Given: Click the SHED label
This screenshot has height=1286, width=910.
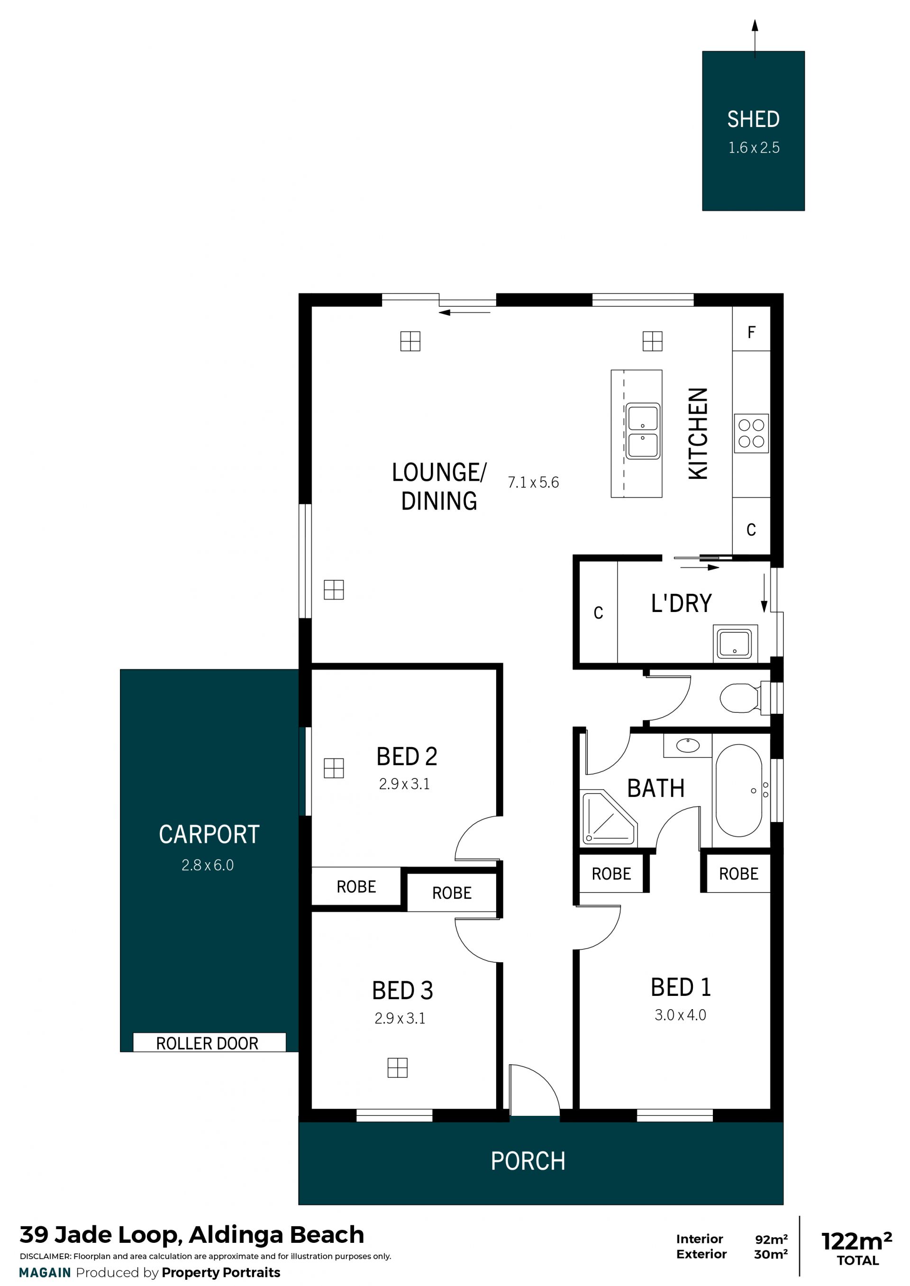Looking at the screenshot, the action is point(753,119).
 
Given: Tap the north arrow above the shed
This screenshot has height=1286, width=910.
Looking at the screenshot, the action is point(755,39).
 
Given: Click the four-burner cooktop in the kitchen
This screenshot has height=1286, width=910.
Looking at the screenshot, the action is point(751,433).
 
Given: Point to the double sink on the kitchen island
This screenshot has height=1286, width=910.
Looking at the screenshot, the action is point(643,430).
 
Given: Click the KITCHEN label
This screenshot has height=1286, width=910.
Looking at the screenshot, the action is point(698,433).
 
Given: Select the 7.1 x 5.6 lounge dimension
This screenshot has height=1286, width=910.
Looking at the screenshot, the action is point(533,483).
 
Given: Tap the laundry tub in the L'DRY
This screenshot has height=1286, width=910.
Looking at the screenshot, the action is point(735,643).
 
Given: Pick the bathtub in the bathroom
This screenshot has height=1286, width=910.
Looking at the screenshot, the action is point(739,791).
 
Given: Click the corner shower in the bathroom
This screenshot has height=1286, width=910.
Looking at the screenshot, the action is point(609,818).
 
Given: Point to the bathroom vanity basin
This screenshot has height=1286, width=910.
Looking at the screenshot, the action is point(688,745).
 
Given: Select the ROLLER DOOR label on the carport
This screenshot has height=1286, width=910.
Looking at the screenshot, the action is point(207,1043).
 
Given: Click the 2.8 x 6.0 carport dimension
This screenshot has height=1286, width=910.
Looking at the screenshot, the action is point(207,865).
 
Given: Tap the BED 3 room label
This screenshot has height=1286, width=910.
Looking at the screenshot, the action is point(402,991).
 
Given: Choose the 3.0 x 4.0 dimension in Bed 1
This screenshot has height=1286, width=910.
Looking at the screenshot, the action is point(680,1015).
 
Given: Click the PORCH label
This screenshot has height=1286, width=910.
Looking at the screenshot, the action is point(528,1161).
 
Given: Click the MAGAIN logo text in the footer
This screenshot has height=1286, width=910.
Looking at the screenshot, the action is point(45,1273).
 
